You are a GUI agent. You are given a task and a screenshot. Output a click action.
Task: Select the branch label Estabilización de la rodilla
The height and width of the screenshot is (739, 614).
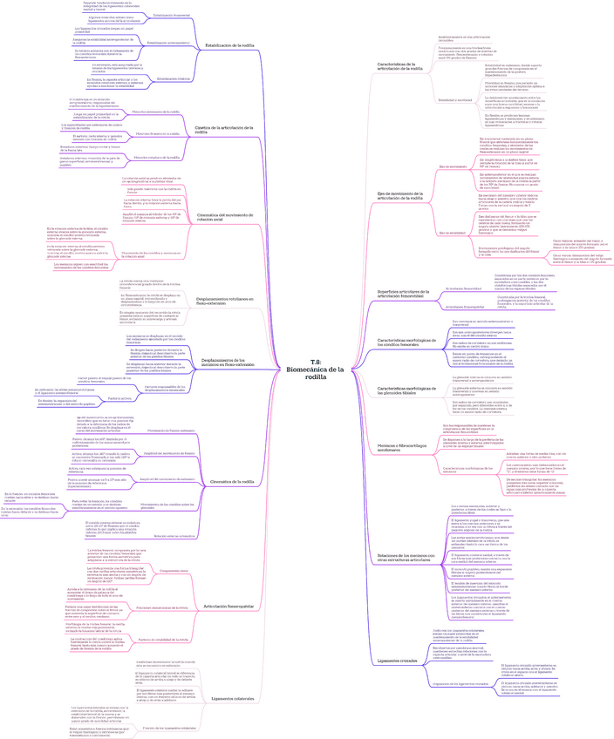[x=229, y=44]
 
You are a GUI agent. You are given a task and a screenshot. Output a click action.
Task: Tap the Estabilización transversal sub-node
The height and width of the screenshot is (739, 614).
[x=170, y=16]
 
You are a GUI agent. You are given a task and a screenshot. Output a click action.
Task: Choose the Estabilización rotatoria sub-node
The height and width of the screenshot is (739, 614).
[x=170, y=78]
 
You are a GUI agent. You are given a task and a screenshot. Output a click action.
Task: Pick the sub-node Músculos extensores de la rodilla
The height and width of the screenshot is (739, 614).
[x=158, y=112]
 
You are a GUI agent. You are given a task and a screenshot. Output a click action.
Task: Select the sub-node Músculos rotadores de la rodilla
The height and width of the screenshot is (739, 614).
[x=158, y=158]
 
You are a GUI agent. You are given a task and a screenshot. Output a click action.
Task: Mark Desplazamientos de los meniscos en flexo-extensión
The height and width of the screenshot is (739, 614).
[x=229, y=360]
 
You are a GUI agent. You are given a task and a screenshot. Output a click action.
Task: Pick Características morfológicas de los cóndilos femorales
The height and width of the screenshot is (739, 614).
[x=408, y=342]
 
